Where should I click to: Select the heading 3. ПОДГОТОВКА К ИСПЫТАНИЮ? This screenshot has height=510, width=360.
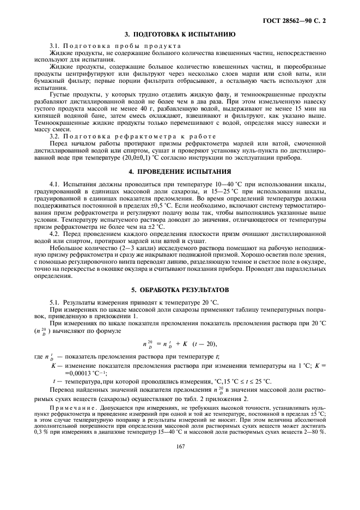180,34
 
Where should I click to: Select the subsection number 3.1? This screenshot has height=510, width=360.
54,45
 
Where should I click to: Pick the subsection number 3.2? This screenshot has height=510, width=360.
54,136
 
